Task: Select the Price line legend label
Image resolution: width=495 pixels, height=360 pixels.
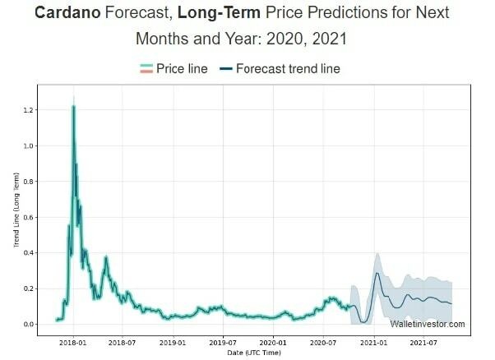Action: [182, 69]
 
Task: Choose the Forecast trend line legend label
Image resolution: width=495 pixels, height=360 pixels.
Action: [288, 69]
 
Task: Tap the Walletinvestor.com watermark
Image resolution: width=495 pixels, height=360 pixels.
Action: [427, 324]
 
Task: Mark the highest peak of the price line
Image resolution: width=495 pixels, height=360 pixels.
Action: [73, 107]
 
